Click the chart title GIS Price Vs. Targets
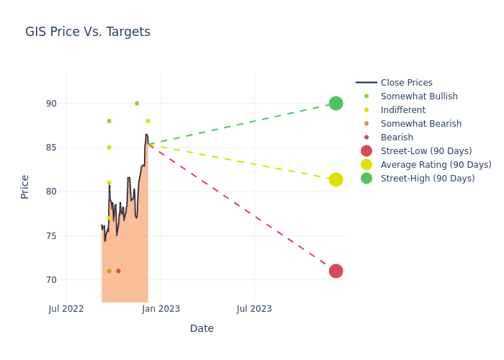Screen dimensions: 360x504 pyautogui.click(x=88, y=32)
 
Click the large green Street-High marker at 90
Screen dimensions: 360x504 pyautogui.click(x=336, y=103)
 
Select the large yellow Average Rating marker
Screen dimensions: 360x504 pyautogui.click(x=336, y=179)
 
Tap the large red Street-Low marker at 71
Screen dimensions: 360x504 pyautogui.click(x=336, y=271)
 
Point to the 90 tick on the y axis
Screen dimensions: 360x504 pyautogui.click(x=50, y=104)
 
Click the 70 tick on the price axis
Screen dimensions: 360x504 pyautogui.click(x=50, y=280)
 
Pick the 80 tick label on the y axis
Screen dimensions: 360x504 pyautogui.click(x=50, y=192)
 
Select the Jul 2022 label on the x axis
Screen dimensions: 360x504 pyautogui.click(x=66, y=309)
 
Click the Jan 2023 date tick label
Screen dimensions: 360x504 pyautogui.click(x=161, y=309)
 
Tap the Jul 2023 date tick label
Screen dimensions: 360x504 pyautogui.click(x=255, y=309)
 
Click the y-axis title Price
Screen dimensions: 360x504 pyautogui.click(x=25, y=186)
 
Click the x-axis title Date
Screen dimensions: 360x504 pyautogui.click(x=202, y=328)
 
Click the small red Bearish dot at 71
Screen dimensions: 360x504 pyautogui.click(x=118, y=271)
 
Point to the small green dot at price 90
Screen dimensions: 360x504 pyautogui.click(x=137, y=103)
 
